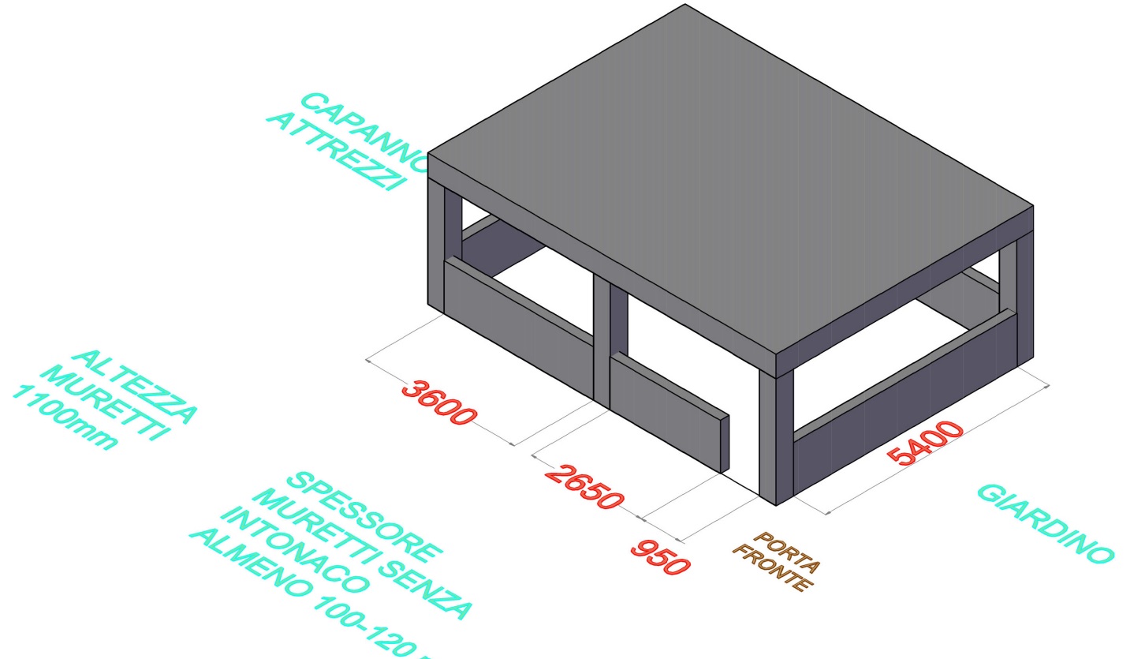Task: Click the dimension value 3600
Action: (438, 403)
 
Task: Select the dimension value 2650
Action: (584, 486)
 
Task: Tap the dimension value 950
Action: (660, 557)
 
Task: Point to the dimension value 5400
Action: (925, 443)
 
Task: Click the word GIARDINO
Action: (1046, 523)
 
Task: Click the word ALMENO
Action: (248, 568)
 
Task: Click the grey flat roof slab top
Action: (729, 174)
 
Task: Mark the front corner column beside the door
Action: (776, 438)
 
